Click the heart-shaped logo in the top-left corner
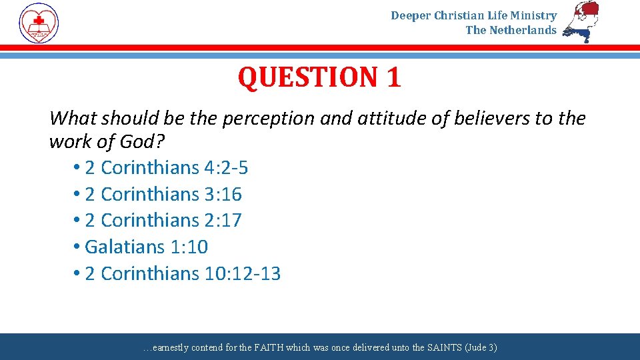pos(39,23)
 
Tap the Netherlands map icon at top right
pos(581,22)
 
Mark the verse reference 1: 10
pos(189,247)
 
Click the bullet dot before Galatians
pos(77,247)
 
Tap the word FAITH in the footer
pos(269,348)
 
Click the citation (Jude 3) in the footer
pos(481,348)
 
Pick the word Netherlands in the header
pos(523,30)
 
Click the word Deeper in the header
pos(411,15)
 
